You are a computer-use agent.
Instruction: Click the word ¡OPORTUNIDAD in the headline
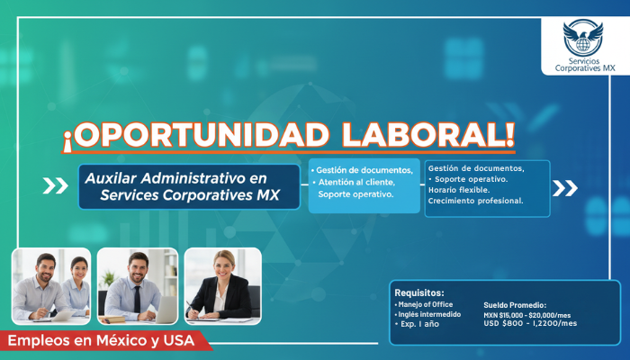coord(197,135)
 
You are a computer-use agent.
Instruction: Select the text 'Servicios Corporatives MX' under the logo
coord(584,62)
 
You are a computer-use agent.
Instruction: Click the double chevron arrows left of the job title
coord(55,186)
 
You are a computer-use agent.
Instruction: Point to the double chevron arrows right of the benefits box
coord(565,187)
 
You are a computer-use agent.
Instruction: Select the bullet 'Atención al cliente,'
coord(356,182)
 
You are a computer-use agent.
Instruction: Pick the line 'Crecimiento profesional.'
coord(475,200)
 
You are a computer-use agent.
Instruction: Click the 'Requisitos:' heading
coord(419,292)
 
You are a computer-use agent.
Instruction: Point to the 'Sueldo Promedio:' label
coord(515,305)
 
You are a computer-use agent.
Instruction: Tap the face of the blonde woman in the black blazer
coord(221,265)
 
